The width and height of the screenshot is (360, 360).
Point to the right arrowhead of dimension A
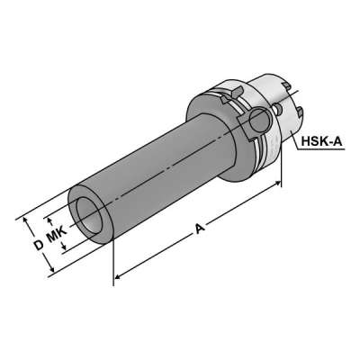281,184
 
